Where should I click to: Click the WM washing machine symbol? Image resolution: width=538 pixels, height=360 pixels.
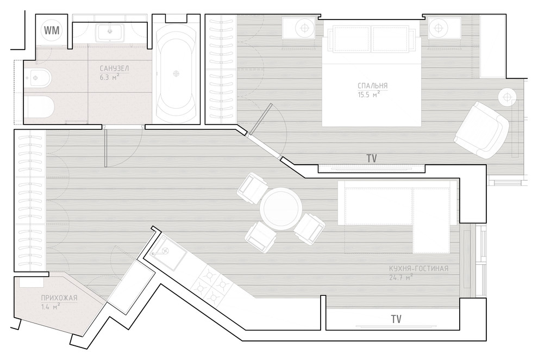[52, 30]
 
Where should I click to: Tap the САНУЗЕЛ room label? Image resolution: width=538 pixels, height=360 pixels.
[114, 69]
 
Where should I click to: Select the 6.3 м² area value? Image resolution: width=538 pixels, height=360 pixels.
[109, 77]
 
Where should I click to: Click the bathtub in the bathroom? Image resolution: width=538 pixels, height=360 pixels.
[176, 73]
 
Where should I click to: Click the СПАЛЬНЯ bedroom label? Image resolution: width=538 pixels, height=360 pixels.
[372, 85]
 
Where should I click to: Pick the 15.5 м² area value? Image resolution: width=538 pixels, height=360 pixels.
[368, 94]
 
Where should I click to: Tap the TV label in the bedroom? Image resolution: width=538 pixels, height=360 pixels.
[372, 159]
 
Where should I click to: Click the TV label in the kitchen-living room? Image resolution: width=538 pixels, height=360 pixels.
[396, 319]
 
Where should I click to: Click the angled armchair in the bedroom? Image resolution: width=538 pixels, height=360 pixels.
[481, 130]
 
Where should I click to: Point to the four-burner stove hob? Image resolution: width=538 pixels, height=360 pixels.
[212, 284]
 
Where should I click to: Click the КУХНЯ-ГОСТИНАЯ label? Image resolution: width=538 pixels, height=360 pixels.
[418, 269]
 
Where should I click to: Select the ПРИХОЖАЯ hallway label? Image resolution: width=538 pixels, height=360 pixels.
[59, 298]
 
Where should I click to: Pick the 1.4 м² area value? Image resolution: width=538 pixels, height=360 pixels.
[51, 307]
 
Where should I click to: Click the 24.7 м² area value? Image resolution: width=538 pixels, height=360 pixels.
[401, 277]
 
